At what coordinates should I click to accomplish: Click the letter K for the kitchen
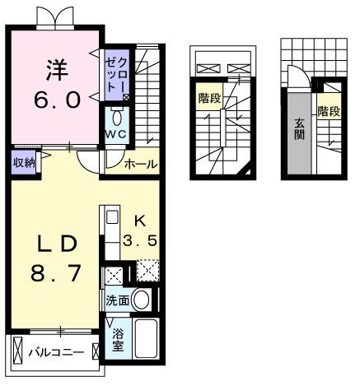coord(139,221)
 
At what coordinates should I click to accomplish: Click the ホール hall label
coord(141,164)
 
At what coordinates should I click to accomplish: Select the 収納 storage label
coord(23,162)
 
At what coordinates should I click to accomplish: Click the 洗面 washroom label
coord(116,301)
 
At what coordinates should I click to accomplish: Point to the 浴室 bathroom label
coord(118,338)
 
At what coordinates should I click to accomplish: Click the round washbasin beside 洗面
coord(141,300)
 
